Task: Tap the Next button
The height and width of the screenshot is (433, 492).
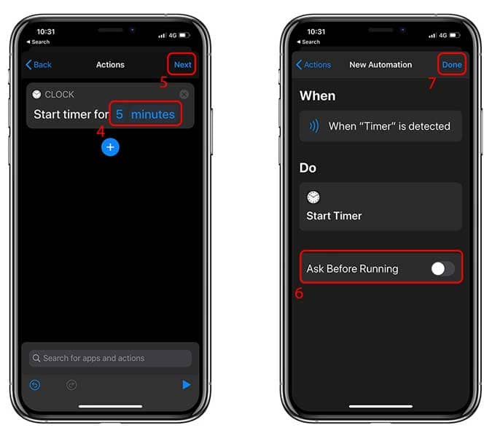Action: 183,65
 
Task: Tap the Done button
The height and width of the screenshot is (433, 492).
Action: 452,65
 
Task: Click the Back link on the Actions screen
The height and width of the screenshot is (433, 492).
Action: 39,65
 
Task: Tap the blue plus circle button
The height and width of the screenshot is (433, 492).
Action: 110,147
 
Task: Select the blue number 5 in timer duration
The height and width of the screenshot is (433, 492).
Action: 120,114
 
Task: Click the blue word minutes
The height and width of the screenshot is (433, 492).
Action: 153,114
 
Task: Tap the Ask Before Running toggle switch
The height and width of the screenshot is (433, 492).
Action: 442,268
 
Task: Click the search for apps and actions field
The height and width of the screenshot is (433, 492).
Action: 110,358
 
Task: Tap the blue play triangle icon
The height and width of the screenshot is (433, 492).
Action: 187,384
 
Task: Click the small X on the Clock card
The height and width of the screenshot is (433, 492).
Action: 184,94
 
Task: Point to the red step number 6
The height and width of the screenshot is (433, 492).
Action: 299,293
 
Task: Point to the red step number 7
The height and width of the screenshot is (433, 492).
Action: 432,82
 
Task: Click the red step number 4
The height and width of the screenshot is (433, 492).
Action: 101,131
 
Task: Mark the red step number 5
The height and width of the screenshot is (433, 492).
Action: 163,82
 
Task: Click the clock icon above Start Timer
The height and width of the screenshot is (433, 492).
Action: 313,197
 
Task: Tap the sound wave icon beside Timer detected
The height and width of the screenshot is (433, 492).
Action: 314,126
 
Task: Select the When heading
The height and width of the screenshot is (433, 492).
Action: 318,95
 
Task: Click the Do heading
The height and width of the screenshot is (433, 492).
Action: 308,168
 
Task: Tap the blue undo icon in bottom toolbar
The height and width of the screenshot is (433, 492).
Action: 35,385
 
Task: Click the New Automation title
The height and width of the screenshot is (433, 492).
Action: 380,65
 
